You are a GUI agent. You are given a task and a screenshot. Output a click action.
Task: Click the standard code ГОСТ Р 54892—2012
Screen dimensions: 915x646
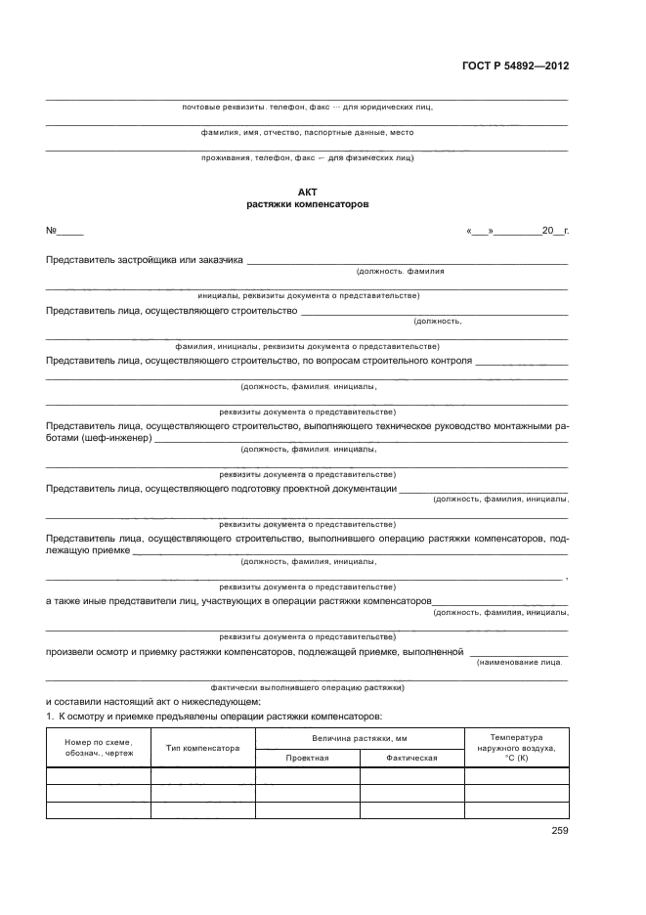tap(515, 66)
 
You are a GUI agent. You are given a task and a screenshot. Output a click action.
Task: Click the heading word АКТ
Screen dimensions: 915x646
tap(308, 194)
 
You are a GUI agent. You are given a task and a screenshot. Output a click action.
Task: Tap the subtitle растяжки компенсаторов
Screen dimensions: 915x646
tap(308, 205)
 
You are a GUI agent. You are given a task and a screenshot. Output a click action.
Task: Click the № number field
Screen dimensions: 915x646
tap(69, 233)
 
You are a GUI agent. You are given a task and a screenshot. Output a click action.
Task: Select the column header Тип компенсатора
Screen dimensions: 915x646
tap(203, 748)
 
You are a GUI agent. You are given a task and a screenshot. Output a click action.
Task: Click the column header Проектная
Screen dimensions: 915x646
tap(307, 758)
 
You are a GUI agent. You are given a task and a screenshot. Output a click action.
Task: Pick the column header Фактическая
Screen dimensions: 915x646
tap(411, 758)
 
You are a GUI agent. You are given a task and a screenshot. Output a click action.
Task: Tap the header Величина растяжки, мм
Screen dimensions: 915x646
tap(360, 738)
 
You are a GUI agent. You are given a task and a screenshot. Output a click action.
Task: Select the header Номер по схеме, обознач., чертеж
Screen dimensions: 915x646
tap(98, 748)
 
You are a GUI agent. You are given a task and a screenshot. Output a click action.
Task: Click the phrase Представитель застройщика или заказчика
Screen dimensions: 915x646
tap(145, 259)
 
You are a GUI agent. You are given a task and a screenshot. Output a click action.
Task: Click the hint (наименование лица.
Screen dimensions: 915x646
tap(519, 663)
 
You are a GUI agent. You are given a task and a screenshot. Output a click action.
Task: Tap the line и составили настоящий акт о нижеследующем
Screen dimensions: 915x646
tap(153, 701)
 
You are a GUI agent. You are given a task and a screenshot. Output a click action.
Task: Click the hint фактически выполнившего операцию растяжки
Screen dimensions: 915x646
tap(308, 687)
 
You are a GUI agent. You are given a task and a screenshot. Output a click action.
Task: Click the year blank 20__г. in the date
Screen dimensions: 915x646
tap(553, 233)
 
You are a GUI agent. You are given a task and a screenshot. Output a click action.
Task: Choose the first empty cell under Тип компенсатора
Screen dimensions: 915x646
tap(203, 775)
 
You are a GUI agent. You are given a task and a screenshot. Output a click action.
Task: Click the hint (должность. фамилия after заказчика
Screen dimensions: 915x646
tap(401, 271)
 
